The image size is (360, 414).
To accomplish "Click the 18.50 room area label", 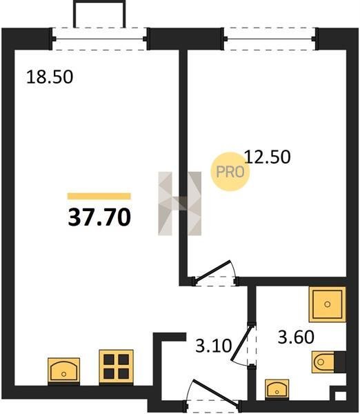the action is coord(50,77).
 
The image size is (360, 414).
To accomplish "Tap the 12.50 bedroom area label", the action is coord(268,157).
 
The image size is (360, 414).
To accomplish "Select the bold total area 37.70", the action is coord(99,217).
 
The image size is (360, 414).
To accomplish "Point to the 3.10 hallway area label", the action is coord(214,346).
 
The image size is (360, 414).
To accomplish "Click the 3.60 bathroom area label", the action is coord(296,337).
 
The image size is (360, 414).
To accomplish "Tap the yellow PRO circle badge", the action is coord(230,172).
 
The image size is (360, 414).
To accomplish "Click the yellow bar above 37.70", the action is coord(99,196).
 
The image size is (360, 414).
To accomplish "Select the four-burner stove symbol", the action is coord(116,366).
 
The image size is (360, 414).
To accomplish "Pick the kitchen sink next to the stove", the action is coord(64,370).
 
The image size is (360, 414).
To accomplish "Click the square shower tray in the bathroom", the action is coord(328,304).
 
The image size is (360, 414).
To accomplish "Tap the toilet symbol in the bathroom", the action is coord(328,362).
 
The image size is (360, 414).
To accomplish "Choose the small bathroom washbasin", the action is coord(277,388).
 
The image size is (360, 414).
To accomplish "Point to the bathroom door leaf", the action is coord(241,342).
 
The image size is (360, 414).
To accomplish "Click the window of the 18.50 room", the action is coord(99,39).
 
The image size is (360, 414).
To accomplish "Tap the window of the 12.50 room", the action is coord(270,39).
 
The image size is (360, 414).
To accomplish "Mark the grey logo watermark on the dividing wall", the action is coord(180,204).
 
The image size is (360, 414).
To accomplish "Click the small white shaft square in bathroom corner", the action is coord(341,396).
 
